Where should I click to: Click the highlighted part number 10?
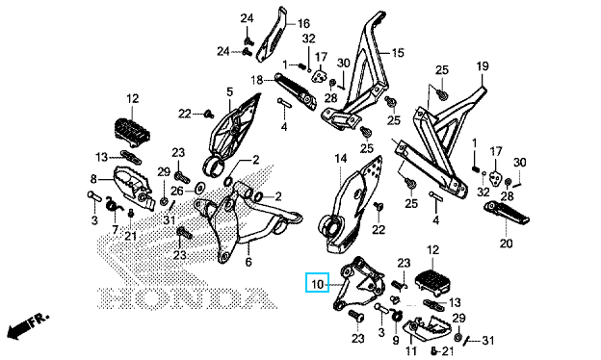coord(318,284)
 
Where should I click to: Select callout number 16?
coord(303,23)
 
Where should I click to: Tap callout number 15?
coord(398,52)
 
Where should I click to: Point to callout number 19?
coord(483,65)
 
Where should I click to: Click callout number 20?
coord(506,243)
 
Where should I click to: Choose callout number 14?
coord(340,158)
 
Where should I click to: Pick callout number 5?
coord(229,91)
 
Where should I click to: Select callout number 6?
coord(248,262)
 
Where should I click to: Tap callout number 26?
coord(177,191)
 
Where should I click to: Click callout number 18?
coord(257,80)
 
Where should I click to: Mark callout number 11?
coord(411,350)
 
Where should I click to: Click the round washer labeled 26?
coord(199,188)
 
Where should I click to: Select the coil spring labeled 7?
coord(114,205)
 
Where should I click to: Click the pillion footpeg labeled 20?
coord(507,213)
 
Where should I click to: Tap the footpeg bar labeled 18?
coord(295,90)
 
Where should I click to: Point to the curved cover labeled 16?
coord(272,35)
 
